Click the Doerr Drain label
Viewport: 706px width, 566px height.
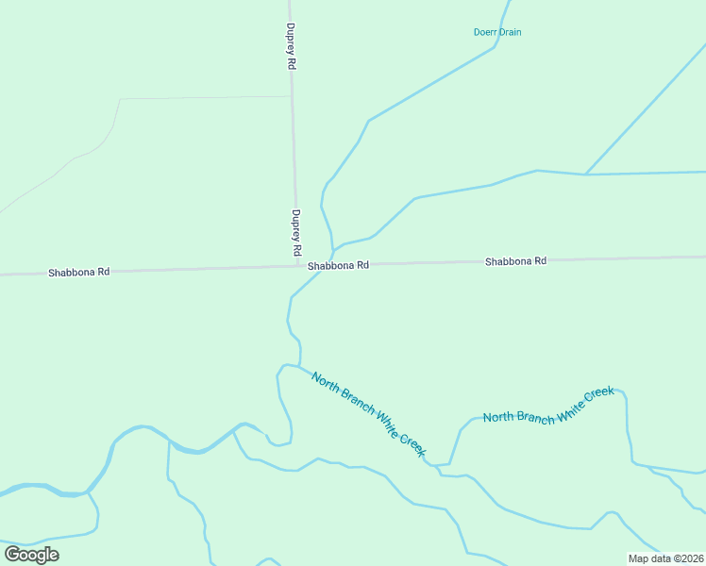tap(496, 32)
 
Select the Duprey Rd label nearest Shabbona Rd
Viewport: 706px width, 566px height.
tap(295, 233)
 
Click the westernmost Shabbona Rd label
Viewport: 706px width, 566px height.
tap(79, 272)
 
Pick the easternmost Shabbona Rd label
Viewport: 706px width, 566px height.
tap(515, 261)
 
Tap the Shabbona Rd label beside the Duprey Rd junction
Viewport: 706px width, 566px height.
tap(337, 266)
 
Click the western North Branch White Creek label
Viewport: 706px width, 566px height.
tap(369, 415)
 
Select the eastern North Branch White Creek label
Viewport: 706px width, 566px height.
tap(548, 405)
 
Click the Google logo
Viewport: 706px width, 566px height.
tap(31, 555)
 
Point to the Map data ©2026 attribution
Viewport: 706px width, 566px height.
tap(665, 558)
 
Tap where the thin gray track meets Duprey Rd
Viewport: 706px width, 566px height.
tap(291, 97)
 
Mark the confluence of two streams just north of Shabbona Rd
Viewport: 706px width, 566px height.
tap(333, 250)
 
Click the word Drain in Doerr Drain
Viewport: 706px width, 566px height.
tap(510, 32)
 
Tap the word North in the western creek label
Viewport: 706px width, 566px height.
tap(326, 382)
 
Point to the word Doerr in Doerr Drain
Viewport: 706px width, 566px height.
tap(485, 32)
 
